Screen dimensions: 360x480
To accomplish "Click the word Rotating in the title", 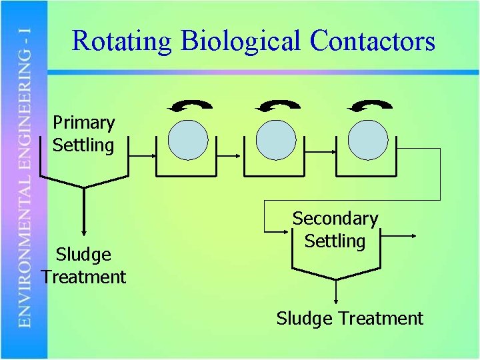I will click(x=122, y=41).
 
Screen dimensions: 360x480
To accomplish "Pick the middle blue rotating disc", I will click(x=276, y=140).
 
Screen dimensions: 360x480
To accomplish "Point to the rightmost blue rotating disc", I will click(x=368, y=140).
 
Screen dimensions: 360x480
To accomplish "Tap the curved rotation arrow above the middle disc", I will click(x=277, y=105).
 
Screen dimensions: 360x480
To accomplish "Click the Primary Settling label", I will click(x=83, y=134).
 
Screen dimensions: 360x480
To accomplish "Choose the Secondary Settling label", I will click(x=335, y=229).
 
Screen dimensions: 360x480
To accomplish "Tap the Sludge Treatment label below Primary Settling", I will click(x=83, y=265).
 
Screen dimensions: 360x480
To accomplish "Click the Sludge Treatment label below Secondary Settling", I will click(x=349, y=319).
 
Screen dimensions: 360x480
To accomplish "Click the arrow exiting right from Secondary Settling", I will click(x=398, y=235).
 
